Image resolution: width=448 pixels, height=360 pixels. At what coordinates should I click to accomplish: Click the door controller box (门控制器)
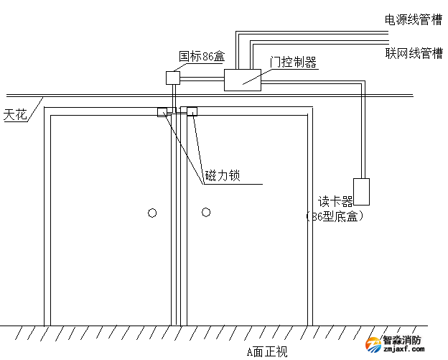point(243,80)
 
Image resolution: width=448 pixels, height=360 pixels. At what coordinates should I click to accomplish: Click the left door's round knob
point(151,213)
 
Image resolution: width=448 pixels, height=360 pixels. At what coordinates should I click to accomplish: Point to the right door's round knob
point(206,212)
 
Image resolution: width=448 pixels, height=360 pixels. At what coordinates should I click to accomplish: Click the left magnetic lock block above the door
point(163,111)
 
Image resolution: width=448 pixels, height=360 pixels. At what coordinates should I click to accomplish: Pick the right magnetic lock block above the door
point(192,111)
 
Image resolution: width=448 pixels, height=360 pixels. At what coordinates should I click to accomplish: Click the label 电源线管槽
point(414,20)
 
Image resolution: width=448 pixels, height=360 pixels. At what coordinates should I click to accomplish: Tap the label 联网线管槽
point(414,53)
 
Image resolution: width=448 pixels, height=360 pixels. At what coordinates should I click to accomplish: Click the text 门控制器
point(293,63)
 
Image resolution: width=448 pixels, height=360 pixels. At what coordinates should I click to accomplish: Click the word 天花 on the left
point(15,114)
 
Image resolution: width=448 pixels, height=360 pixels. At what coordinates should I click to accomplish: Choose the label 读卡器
point(335,201)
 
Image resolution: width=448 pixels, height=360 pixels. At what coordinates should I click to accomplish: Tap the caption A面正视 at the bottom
point(266,351)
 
